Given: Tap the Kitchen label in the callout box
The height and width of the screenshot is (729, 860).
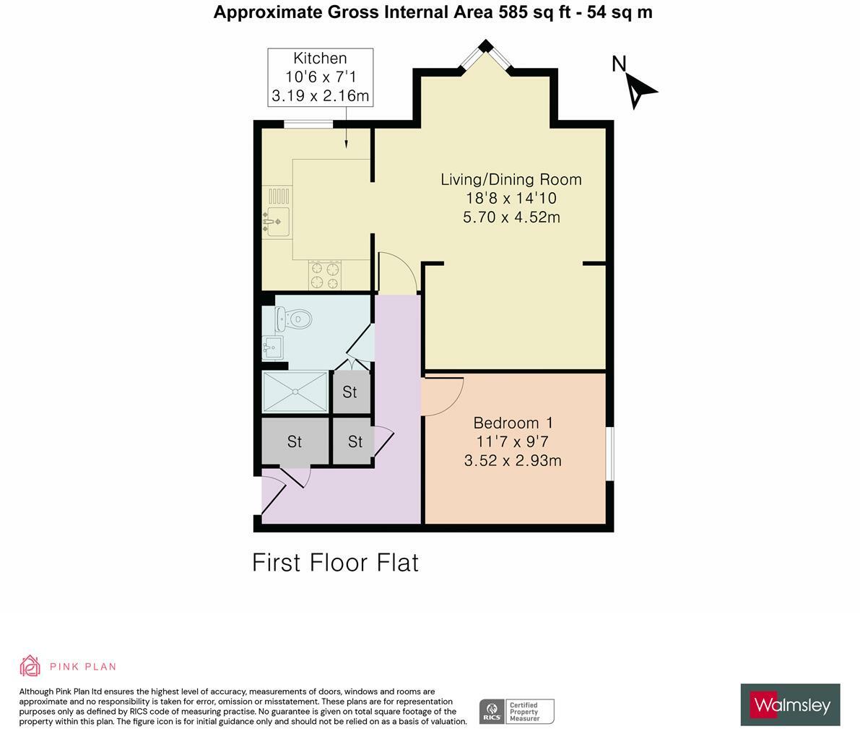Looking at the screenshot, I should click(x=320, y=59).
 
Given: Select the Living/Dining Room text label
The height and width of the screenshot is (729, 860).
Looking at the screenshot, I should click(x=511, y=179).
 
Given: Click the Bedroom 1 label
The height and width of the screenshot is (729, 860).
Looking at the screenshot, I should click(x=512, y=423).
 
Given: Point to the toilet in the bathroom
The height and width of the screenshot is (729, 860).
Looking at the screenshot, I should click(x=295, y=319).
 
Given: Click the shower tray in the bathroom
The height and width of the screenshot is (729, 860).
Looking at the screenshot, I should click(x=295, y=392).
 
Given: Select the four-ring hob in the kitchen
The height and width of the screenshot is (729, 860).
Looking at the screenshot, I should click(x=324, y=275).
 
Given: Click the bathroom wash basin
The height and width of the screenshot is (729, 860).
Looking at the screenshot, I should click(x=272, y=348).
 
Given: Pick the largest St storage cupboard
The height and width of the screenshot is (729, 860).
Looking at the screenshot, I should click(x=295, y=441).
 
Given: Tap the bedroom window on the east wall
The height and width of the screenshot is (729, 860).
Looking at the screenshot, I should click(x=609, y=453).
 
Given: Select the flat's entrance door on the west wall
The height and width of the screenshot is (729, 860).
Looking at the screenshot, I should click(x=273, y=494).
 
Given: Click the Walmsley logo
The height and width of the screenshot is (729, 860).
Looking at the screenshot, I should click(x=790, y=704).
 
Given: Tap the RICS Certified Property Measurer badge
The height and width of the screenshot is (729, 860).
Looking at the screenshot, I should click(x=517, y=711).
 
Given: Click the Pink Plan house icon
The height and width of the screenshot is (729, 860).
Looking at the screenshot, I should click(x=30, y=665).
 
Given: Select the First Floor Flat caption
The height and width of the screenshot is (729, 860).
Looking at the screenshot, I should click(x=335, y=562).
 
